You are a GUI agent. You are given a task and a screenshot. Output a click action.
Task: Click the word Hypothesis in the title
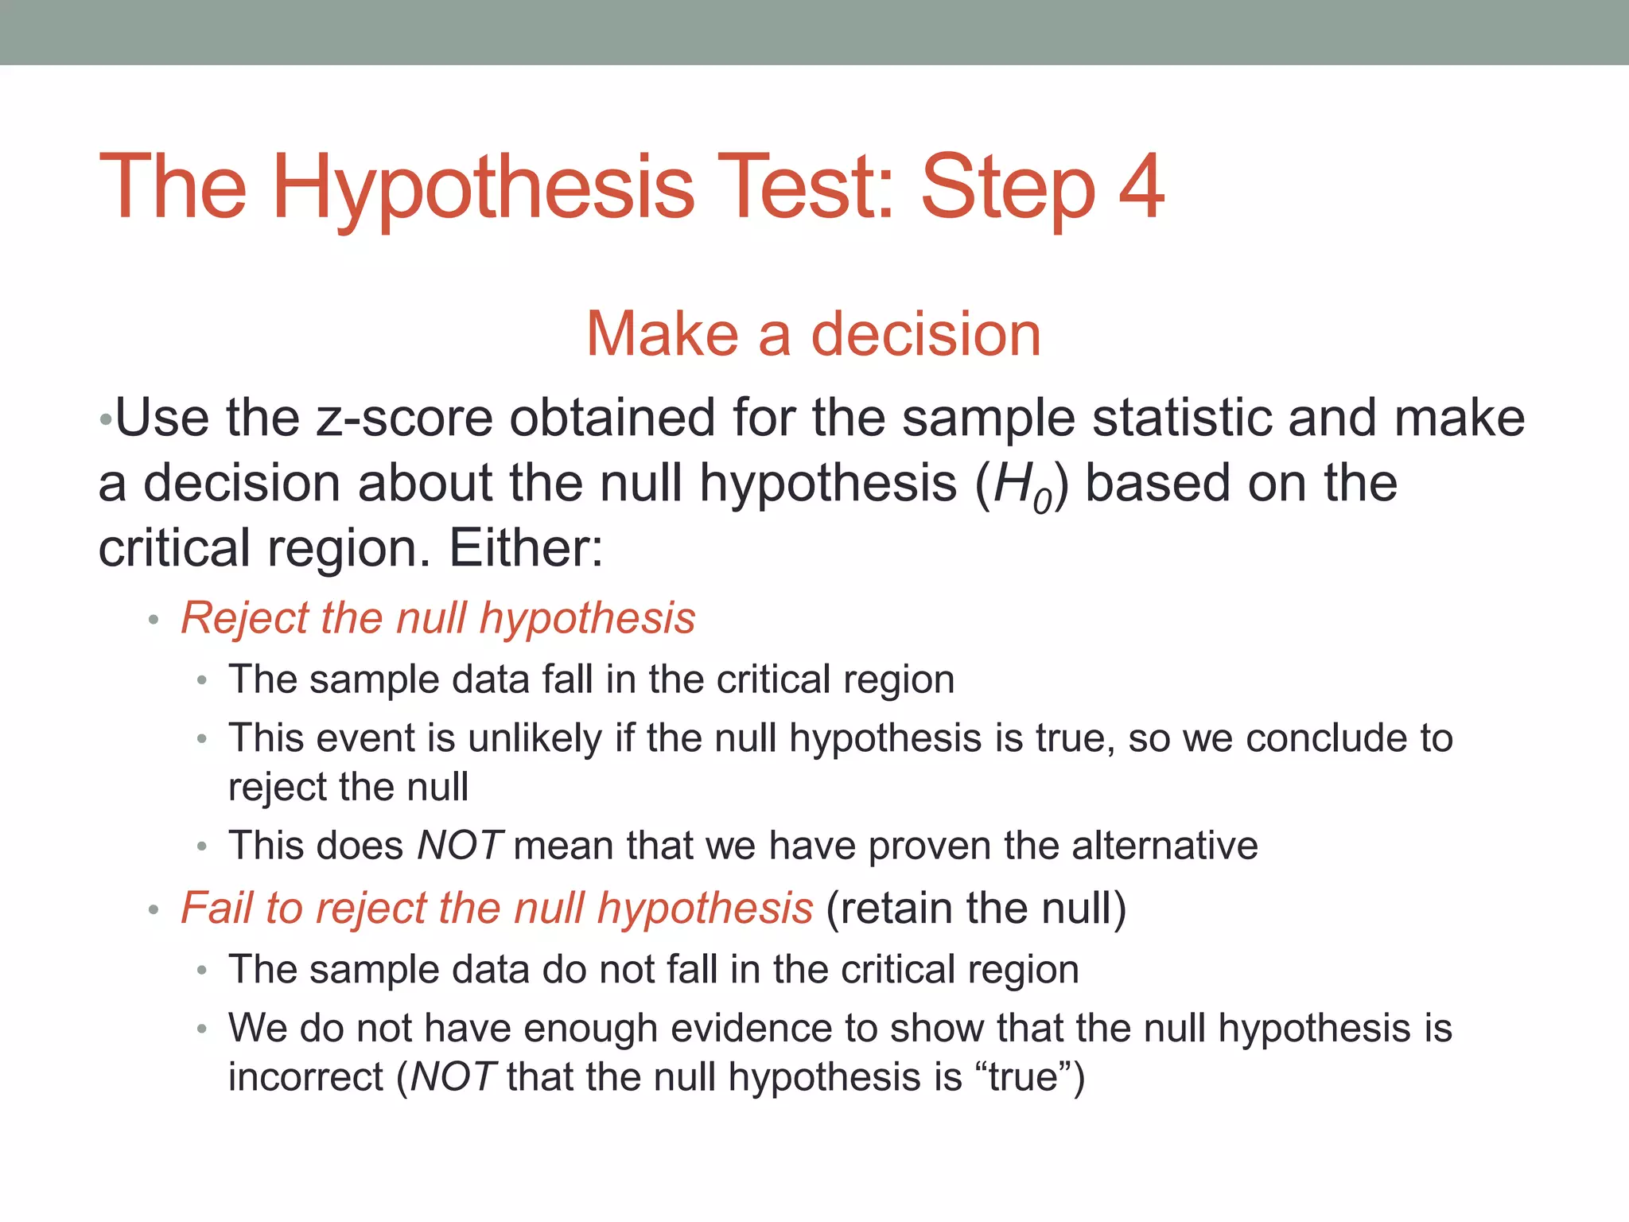coord(484,191)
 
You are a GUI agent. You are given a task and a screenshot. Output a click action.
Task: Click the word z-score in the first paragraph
coord(404,418)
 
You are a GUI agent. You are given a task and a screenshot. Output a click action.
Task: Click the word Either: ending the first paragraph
coord(526,549)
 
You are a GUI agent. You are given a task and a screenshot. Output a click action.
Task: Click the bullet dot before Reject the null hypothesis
coord(154,620)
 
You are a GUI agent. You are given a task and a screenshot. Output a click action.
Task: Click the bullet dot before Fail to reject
coord(154,909)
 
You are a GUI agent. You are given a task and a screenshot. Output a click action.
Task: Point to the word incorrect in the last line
coord(306,1077)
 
